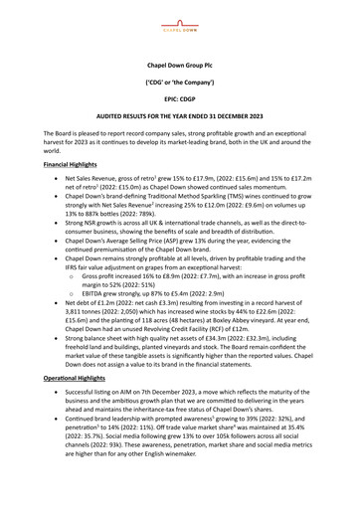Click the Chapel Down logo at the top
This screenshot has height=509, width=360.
179,17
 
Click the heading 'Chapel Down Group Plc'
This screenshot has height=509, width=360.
179,62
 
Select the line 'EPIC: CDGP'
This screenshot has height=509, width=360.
179,100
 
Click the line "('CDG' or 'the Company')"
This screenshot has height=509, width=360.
179,82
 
